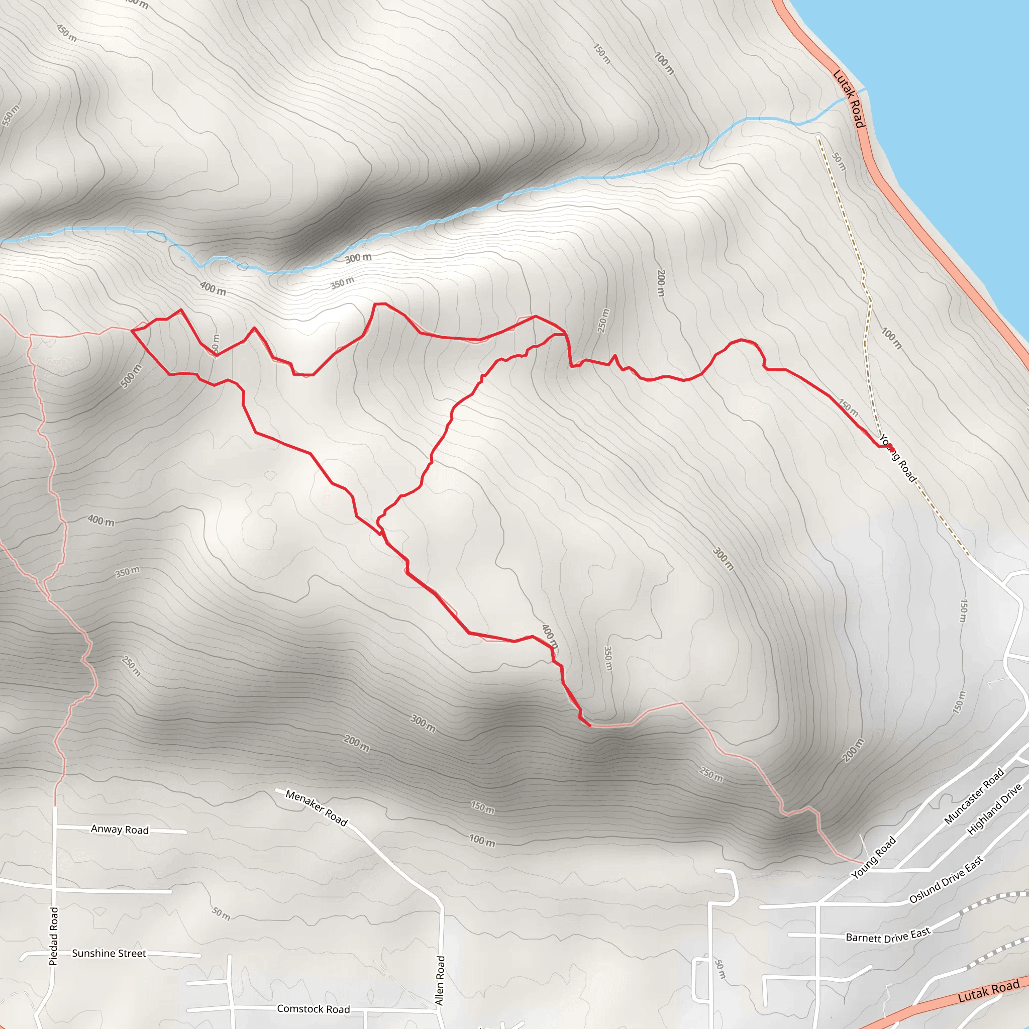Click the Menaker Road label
tap(317, 808)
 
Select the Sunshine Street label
tap(109, 953)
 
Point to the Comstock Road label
tap(313, 1009)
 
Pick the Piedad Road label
tap(54, 936)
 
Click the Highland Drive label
tap(994, 808)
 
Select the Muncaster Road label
tap(974, 796)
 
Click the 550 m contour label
tap(10, 116)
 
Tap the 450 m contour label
tap(67, 33)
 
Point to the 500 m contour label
tap(131, 376)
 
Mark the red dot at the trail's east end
tap(889, 446)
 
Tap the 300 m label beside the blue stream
tap(358, 258)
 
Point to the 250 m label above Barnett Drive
tap(710, 773)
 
